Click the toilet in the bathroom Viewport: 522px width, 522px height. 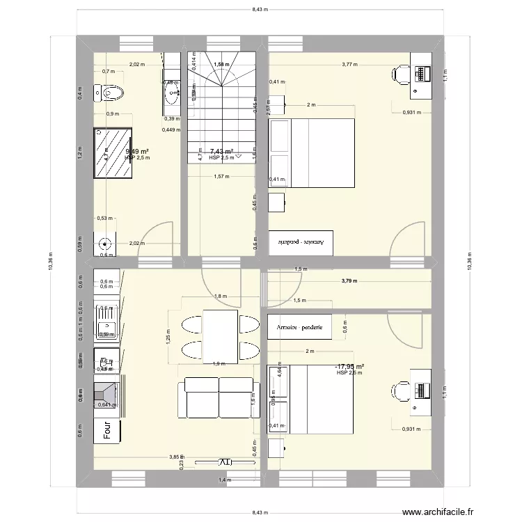[111, 93]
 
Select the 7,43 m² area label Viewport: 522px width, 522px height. [221, 151]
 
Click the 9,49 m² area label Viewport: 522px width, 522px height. [136, 151]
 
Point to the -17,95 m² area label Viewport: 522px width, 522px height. [349, 366]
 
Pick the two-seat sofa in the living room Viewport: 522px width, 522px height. [219, 397]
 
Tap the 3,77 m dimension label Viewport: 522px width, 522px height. [349, 65]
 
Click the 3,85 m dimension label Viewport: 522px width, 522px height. [175, 457]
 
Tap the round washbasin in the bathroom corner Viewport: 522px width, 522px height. [105, 244]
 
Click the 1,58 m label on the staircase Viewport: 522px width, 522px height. [221, 65]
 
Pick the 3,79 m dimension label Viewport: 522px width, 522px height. [349, 281]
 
